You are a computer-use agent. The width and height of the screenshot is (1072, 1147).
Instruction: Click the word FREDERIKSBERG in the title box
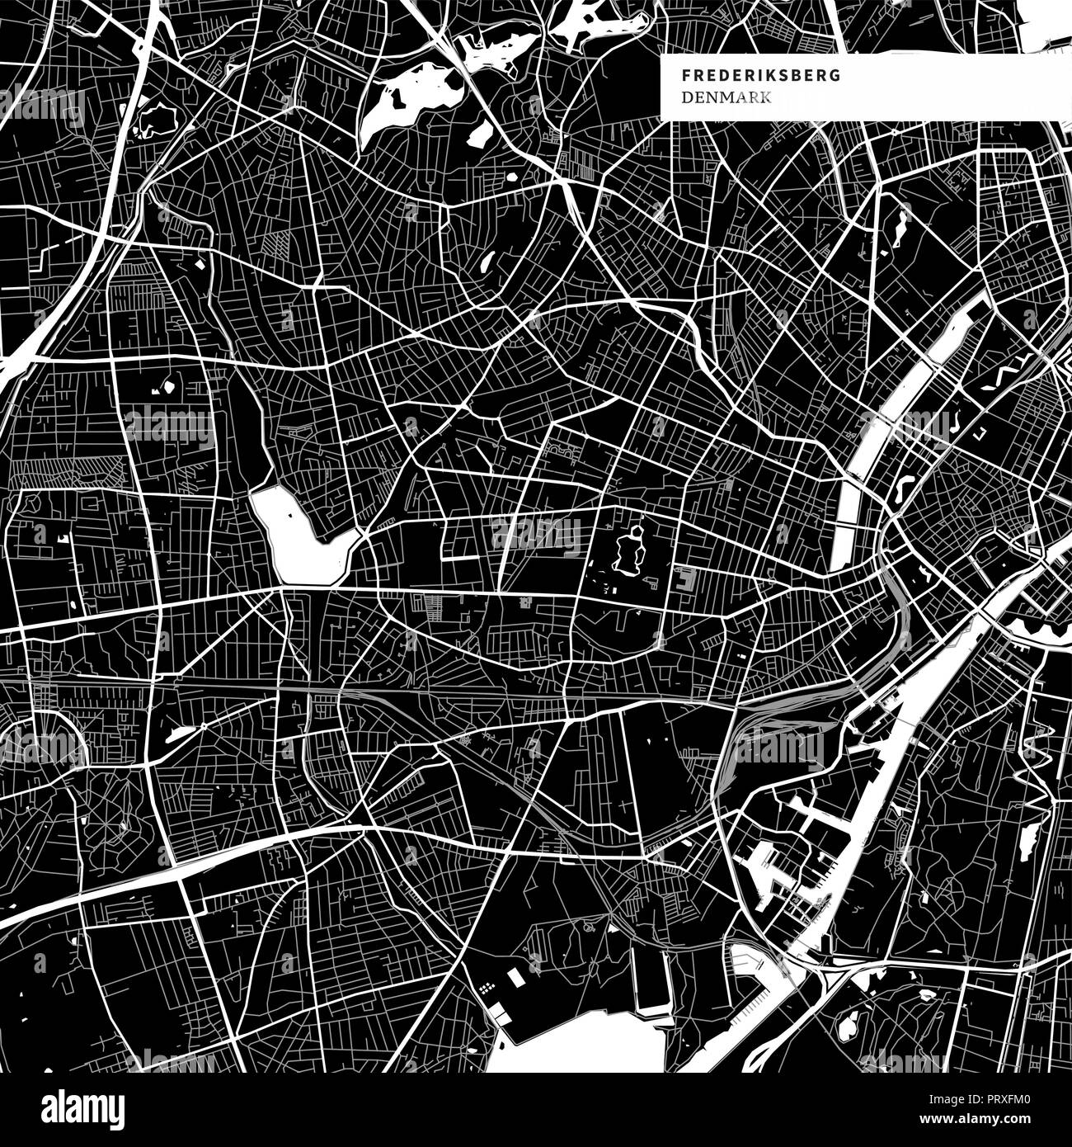point(761,75)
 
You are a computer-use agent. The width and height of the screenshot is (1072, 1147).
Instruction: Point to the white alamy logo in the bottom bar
point(83,1106)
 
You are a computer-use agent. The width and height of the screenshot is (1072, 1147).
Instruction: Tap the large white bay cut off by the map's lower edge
point(577,1048)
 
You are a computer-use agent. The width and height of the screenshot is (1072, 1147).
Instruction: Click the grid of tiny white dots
point(486,987)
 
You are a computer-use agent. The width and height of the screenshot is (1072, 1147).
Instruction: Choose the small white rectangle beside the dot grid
point(515,977)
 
